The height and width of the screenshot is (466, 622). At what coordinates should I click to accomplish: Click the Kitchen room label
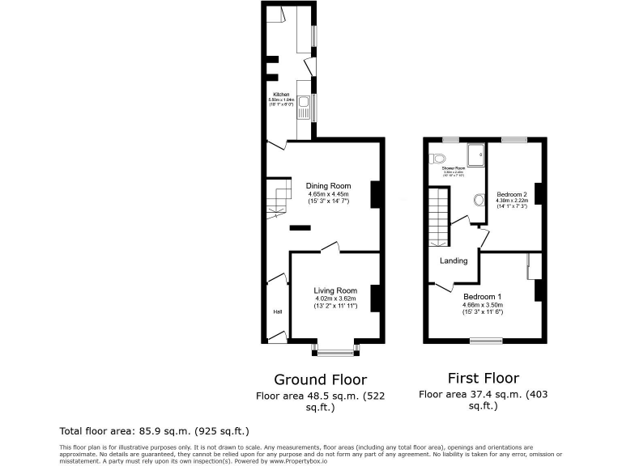pyautogui.click(x=279, y=95)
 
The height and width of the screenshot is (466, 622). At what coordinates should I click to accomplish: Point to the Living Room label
pyautogui.click(x=335, y=290)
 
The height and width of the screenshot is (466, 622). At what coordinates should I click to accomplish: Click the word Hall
pyautogui.click(x=276, y=311)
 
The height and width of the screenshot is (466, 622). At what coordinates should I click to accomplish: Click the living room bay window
pyautogui.click(x=335, y=352)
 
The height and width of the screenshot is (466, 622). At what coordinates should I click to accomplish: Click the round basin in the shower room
pyautogui.click(x=479, y=199)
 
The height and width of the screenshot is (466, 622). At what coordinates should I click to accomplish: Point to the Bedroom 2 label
pyautogui.click(x=512, y=195)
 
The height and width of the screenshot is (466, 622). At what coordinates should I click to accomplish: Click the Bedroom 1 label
pyautogui.click(x=482, y=296)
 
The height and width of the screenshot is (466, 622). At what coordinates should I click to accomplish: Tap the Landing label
pyautogui.click(x=454, y=261)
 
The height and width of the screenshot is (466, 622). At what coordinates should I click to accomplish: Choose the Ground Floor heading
pyautogui.click(x=320, y=379)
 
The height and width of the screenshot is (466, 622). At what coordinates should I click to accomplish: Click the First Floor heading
pyautogui.click(x=483, y=378)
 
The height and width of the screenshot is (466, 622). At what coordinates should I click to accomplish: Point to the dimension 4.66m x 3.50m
pyautogui.click(x=483, y=305)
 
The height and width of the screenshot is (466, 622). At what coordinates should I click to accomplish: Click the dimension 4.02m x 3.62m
pyautogui.click(x=335, y=299)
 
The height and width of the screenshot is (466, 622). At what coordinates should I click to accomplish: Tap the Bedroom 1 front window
pyautogui.click(x=486, y=341)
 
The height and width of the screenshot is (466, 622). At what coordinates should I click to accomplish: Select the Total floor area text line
pyautogui.click(x=154, y=431)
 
